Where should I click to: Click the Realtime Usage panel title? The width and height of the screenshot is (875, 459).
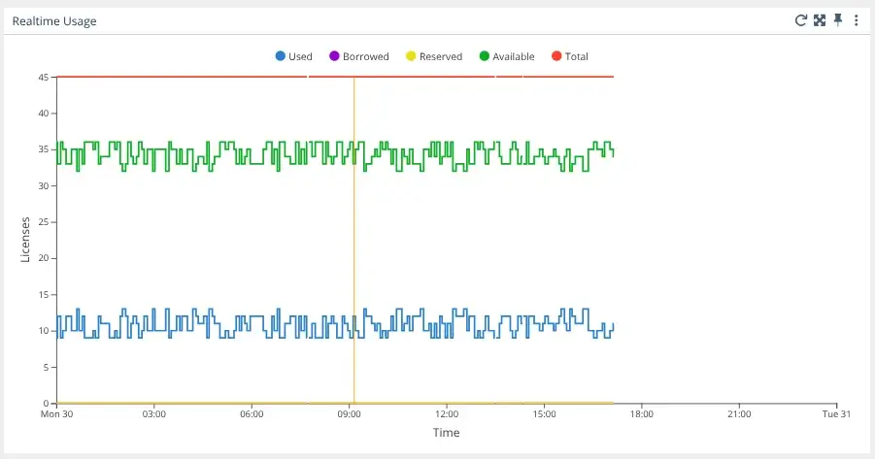click(x=54, y=20)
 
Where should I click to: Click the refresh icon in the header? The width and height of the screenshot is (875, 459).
click(x=801, y=20)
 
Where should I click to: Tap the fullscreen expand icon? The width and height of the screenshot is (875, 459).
click(x=820, y=20)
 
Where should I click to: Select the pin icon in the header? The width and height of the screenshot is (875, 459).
click(x=838, y=20)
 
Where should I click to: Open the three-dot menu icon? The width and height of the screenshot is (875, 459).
click(x=857, y=20)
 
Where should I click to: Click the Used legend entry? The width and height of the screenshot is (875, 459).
click(x=293, y=56)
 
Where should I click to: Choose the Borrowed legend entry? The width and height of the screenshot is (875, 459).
click(x=358, y=56)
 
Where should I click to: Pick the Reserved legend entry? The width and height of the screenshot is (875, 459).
click(x=433, y=56)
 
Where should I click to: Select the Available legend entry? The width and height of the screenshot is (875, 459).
click(x=507, y=56)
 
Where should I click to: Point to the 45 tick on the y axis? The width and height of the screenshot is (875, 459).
click(x=45, y=77)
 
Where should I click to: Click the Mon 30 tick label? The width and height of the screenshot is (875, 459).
click(x=57, y=414)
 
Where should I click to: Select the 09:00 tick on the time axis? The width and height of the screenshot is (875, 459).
click(x=349, y=414)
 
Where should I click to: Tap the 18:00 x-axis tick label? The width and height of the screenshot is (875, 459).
click(x=641, y=414)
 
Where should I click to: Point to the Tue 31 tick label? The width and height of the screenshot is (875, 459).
click(x=836, y=414)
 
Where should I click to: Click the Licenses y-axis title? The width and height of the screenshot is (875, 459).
click(x=26, y=239)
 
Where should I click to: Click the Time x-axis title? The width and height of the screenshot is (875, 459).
click(x=447, y=433)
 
